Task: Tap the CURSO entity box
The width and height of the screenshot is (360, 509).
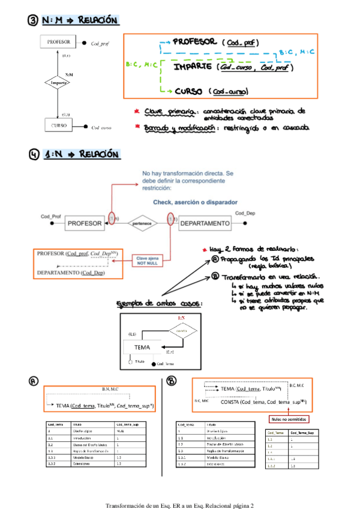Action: point(58,126)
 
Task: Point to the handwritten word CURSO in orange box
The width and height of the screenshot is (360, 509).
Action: point(191,91)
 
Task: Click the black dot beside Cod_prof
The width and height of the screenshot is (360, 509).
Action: point(86,43)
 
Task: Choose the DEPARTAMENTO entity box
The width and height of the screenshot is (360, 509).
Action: point(205,223)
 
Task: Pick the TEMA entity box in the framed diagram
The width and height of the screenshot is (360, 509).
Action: point(142,347)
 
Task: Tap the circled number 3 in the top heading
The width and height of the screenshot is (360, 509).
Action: point(34,21)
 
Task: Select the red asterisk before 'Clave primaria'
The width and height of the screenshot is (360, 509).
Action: point(137,111)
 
